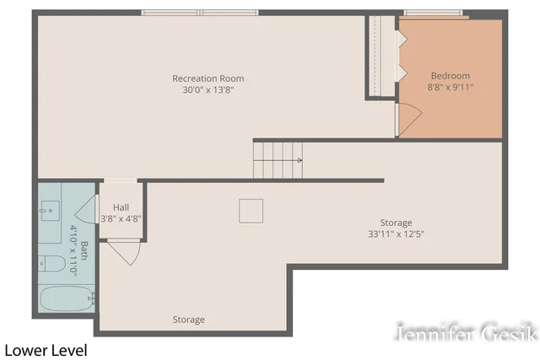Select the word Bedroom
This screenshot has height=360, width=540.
click(451, 73)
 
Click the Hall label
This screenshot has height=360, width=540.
click(120, 207)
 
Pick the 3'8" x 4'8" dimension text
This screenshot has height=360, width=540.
click(120, 218)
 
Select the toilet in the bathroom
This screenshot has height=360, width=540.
click(52, 265)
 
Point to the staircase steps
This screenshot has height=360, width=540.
click(277, 159)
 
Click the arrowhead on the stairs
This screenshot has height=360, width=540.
click(300, 159)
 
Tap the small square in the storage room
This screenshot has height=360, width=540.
click(251, 211)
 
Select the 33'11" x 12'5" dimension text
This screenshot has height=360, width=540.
click(395, 234)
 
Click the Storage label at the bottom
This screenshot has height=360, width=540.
click(188, 320)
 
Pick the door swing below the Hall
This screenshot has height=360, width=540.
click(123, 251)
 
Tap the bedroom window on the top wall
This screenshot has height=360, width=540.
click(433, 13)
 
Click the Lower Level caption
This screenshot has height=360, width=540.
click(46, 348)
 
